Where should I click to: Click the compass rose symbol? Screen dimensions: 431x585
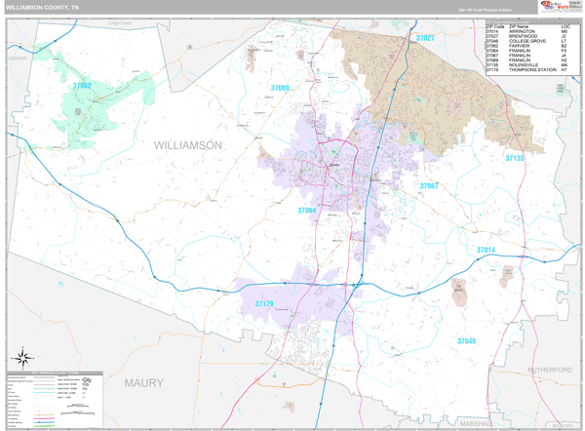(20, 357)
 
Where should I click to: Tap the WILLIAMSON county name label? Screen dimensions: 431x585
(188, 144)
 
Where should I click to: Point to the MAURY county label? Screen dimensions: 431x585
(144, 383)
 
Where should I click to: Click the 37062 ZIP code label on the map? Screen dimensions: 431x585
(82, 86)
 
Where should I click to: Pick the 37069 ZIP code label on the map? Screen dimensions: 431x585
(280, 89)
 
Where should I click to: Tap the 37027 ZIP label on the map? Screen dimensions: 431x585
(425, 38)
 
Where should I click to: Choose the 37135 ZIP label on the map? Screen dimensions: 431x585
(514, 157)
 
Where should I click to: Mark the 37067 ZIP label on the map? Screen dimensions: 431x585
(429, 185)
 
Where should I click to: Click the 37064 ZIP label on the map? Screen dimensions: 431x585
(307, 210)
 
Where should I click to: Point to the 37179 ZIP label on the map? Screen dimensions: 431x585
(263, 304)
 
